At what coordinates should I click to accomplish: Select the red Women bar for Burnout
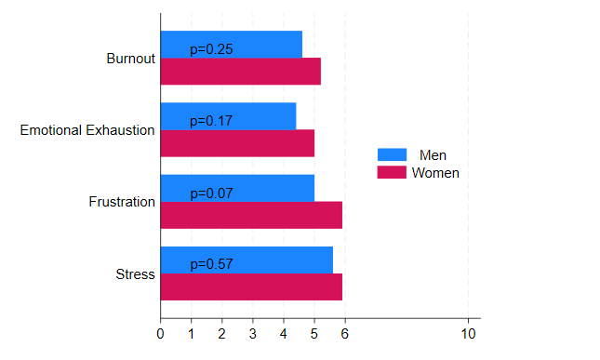[x=241, y=72]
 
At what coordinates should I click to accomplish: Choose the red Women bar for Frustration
[x=252, y=215]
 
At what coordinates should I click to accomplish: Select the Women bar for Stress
[x=252, y=287]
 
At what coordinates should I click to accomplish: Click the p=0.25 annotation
[x=211, y=49]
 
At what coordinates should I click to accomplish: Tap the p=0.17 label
[x=211, y=121]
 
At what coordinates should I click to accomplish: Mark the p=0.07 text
[x=211, y=193]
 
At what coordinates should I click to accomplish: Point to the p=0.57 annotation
[x=211, y=265]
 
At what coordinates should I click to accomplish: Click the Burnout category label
[x=130, y=59]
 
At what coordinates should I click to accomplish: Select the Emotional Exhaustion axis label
[x=87, y=130]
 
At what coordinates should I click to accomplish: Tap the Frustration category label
[x=122, y=202]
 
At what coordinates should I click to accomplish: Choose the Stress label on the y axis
[x=135, y=274]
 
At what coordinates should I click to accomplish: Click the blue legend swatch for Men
[x=392, y=154]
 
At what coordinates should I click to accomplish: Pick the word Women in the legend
[x=435, y=173]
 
